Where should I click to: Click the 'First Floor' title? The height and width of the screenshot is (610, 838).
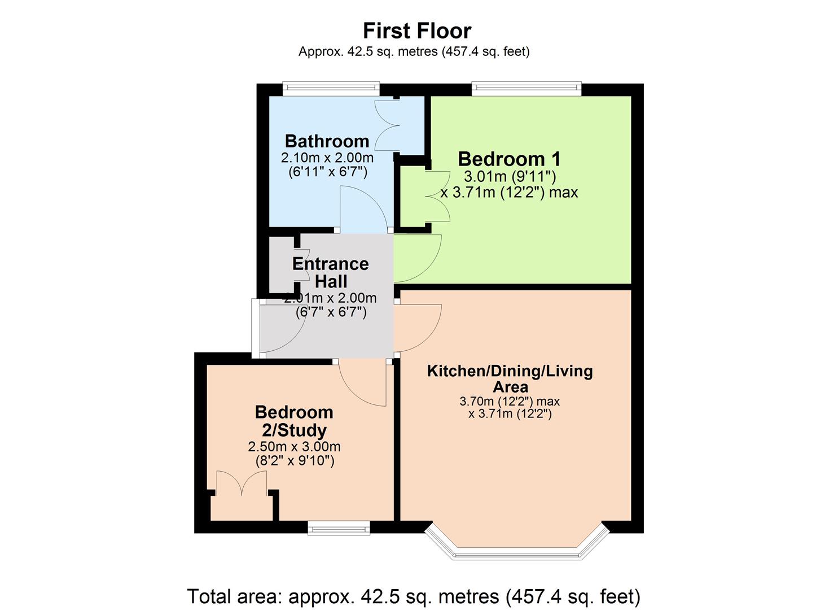(416, 30)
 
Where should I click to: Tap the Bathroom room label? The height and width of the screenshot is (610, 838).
(327, 141)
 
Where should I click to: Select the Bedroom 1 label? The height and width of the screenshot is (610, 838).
(509, 159)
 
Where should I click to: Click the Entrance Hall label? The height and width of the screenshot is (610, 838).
(331, 272)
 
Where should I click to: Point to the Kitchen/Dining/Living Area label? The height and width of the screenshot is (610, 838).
(510, 378)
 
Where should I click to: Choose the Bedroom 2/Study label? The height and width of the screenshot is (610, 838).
(294, 421)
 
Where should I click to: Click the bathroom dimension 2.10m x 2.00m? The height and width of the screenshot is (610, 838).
(327, 158)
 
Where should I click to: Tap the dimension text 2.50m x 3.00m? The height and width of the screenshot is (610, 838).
(294, 447)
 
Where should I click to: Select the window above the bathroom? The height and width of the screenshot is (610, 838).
(331, 88)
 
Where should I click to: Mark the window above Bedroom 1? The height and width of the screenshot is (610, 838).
(526, 88)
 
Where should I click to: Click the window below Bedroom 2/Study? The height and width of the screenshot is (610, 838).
(339, 529)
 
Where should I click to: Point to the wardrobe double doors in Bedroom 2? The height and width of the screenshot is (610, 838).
(242, 485)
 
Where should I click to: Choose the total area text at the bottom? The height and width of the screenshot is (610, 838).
(413, 596)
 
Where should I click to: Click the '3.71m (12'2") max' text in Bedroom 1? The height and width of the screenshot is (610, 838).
(509, 193)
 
